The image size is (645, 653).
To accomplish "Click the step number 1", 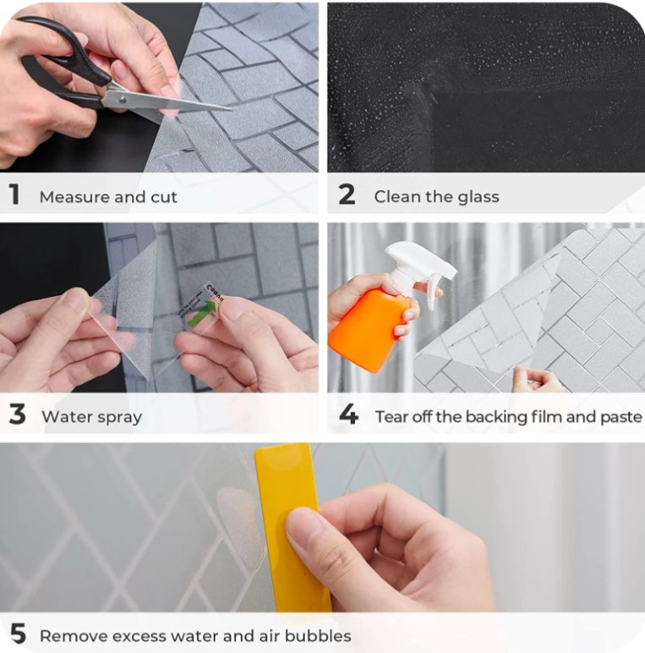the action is click(x=14, y=194).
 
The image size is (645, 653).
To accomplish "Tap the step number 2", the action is click(x=347, y=195).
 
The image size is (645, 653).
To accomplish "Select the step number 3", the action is click(x=17, y=414).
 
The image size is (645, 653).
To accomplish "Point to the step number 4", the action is click(x=348, y=414).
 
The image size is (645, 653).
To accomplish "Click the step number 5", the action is click(x=18, y=634).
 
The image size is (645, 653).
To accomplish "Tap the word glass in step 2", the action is click(x=478, y=197).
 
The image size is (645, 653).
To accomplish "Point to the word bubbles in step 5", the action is click(x=318, y=636).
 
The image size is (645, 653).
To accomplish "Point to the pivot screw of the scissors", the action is click(x=123, y=100).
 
